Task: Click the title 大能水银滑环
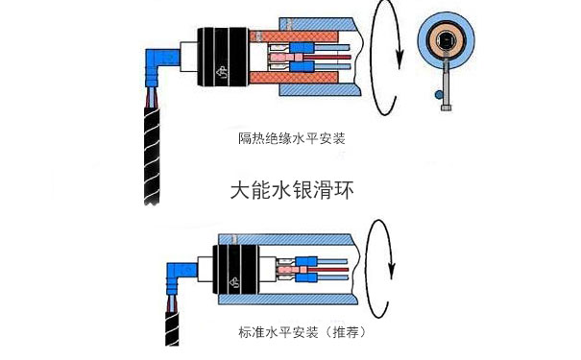tap(292, 190)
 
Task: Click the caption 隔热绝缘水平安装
tap(292, 138)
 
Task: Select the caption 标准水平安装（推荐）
tap(302, 332)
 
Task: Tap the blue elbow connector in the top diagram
tap(160, 63)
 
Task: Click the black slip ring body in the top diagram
tap(223, 57)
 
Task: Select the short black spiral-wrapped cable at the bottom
tap(172, 329)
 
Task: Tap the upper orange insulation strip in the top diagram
tap(294, 36)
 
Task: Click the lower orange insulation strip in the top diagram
tap(294, 78)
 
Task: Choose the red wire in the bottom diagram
tap(327, 269)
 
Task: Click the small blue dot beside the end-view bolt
tap(438, 95)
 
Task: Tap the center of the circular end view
tap(446, 39)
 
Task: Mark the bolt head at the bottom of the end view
tap(447, 108)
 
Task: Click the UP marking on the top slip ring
tap(223, 72)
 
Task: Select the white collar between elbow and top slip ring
tap(188, 57)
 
